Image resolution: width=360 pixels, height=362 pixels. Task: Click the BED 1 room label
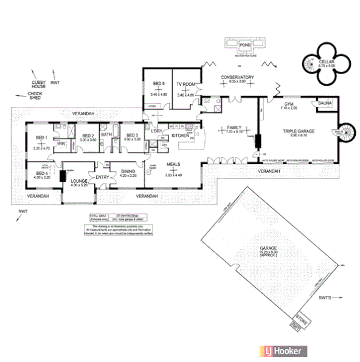[41, 137]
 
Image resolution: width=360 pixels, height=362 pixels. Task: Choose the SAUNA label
[324, 104]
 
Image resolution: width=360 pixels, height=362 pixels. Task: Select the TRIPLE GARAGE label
[297, 131]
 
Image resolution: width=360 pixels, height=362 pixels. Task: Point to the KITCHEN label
[180, 135]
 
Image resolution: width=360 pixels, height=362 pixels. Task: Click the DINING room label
[127, 171]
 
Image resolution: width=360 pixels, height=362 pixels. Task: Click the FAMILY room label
[234, 128]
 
